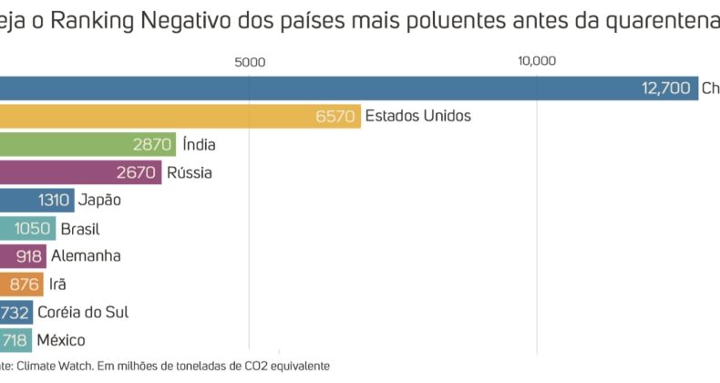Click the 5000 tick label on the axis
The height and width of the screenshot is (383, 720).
pyautogui.click(x=249, y=62)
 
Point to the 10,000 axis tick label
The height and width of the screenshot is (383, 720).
pyautogui.click(x=537, y=62)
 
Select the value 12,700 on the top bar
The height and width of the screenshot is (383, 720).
pyautogui.click(x=666, y=88)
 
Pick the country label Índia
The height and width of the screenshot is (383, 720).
pyautogui.click(x=199, y=144)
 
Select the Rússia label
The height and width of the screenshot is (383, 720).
pyautogui.click(x=190, y=172)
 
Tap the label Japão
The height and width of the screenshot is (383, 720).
pyautogui.click(x=100, y=200)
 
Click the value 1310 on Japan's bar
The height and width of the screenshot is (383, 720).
pyautogui.click(x=56, y=201)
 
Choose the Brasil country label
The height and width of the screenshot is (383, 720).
pyautogui.click(x=80, y=228)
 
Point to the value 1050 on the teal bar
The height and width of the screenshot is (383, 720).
pyautogui.click(x=32, y=228)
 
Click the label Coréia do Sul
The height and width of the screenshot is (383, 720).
pyautogui.click(x=83, y=312)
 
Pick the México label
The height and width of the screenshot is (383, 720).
pyautogui.click(x=61, y=340)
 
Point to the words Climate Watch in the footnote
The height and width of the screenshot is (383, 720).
pyautogui.click(x=56, y=366)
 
